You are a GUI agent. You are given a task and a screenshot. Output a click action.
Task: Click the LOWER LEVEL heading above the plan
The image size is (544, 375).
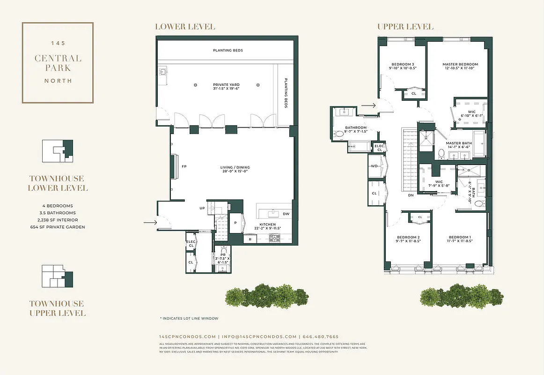click(185, 27)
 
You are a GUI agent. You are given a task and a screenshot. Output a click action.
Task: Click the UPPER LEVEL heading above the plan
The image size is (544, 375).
click(405, 27)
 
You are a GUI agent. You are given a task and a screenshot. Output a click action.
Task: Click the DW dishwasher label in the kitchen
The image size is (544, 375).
click(286, 214)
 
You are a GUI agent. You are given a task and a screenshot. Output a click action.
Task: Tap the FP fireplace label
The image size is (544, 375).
click(184, 166)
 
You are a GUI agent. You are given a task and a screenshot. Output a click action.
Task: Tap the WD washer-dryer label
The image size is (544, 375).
click(375, 166)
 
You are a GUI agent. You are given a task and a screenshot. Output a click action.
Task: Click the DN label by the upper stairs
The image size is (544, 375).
click(411, 195)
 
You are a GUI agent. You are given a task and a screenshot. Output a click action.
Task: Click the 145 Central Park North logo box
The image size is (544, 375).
click(58, 62)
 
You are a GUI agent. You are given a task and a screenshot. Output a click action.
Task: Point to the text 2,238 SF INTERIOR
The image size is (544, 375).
click(58, 220)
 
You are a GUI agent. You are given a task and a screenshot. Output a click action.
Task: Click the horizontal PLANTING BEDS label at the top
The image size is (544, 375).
click(228, 50)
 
